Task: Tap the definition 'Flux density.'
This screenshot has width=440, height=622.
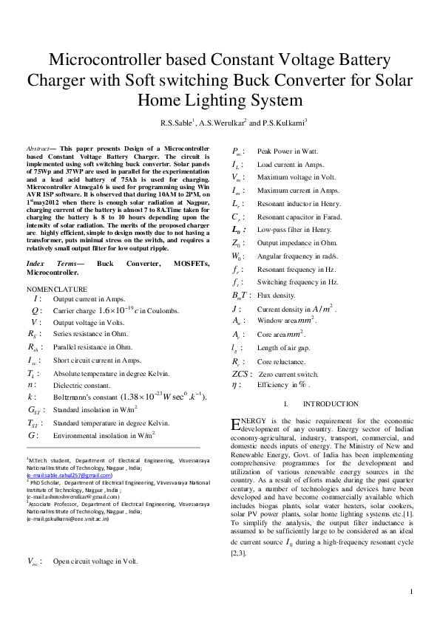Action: (276, 295)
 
